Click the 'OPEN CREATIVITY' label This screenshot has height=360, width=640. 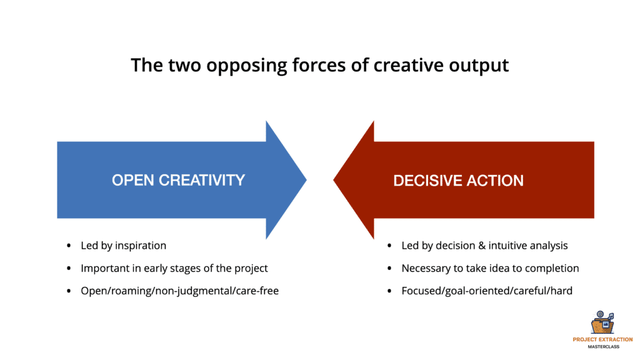[x=178, y=180]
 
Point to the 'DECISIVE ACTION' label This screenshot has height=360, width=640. [x=458, y=181]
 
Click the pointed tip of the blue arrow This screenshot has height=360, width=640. [x=306, y=179]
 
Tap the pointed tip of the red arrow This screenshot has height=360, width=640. [x=334, y=179]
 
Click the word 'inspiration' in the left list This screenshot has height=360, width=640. [x=141, y=246]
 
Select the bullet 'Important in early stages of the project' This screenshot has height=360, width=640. [x=174, y=268]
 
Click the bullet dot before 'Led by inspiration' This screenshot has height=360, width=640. [x=69, y=246]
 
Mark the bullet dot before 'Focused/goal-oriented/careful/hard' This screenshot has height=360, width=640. [x=389, y=291]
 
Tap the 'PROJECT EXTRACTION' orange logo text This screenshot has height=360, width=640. [x=602, y=339]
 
